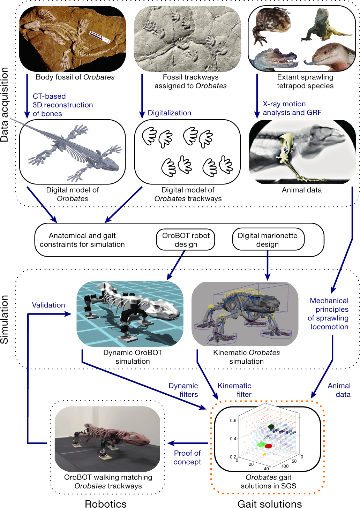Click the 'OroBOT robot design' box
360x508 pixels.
tap(186, 240)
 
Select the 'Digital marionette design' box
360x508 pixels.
tap(268, 240)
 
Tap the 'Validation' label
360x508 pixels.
tap(48, 305)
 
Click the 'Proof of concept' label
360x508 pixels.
tap(187, 457)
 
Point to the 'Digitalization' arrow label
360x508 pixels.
tap(169, 113)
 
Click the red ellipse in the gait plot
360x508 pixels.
tap(268, 446)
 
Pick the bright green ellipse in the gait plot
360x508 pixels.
tap(261, 445)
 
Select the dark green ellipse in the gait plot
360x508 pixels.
tap(271, 427)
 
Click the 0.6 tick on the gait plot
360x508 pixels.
tap(233, 420)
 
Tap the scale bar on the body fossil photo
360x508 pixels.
tap(100, 37)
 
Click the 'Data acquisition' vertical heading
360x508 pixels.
tap(5, 105)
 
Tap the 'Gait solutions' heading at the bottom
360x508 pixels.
tap(270, 504)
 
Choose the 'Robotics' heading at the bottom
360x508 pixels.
tap(106, 504)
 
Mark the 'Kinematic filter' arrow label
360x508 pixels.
tap(234, 390)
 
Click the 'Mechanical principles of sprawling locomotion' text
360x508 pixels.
tap(329, 313)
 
